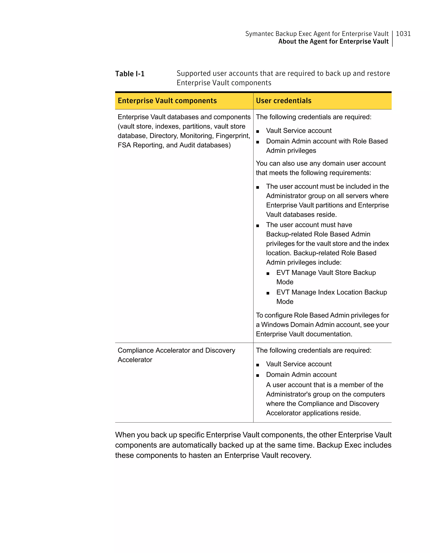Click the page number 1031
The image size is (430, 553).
(403, 34)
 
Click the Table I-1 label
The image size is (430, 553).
(130, 74)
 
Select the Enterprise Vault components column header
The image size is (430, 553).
(167, 101)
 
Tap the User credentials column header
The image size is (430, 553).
(283, 101)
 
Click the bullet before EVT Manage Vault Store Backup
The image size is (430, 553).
(268, 273)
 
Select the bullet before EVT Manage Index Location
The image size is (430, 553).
(268, 293)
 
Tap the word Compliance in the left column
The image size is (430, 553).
(136, 351)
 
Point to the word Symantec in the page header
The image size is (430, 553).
(259, 34)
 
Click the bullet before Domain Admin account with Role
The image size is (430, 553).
(258, 142)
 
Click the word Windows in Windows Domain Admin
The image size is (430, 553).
(275, 325)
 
